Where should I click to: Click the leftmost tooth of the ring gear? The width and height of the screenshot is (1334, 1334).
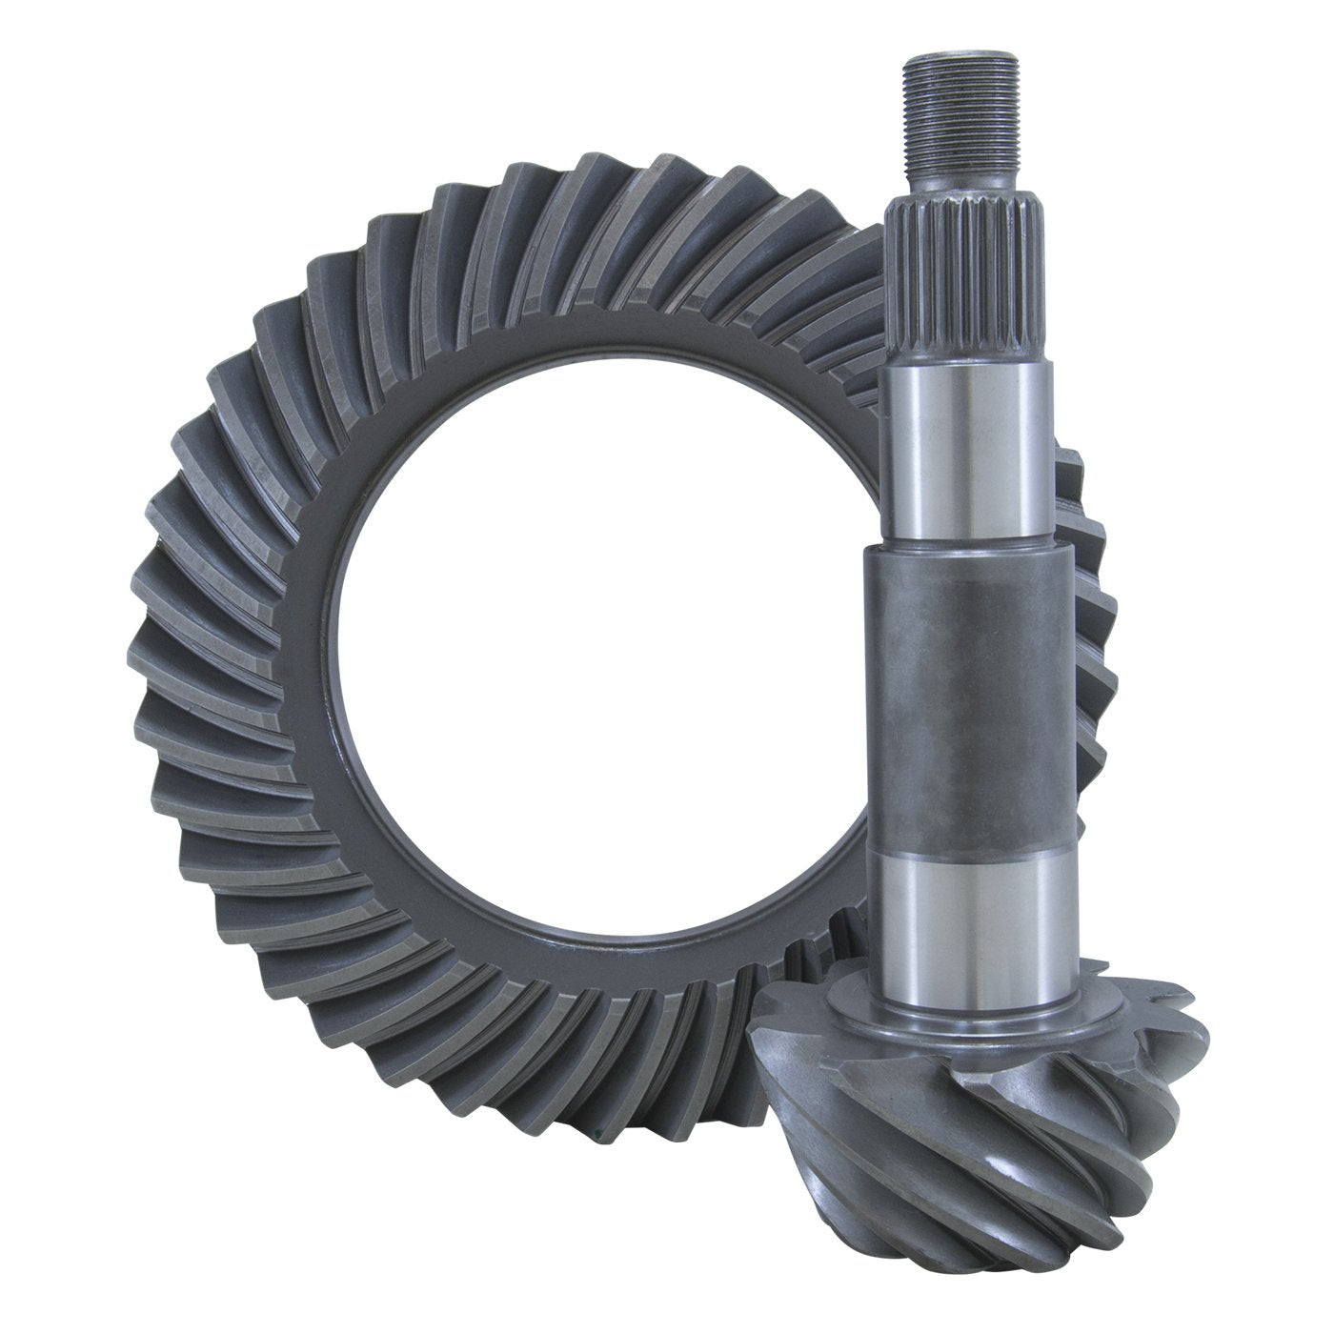click(x=143, y=667)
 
